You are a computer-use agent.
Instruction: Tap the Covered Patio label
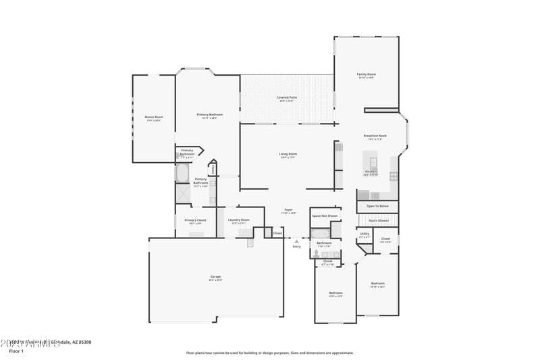(286, 98)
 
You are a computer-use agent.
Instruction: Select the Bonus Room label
(153, 118)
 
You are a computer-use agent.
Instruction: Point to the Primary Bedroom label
(209, 115)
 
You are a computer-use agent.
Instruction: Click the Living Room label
(288, 154)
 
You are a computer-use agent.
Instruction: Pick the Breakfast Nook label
(375, 136)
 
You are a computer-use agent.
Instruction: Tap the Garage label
(215, 277)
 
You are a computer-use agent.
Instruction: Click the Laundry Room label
(238, 220)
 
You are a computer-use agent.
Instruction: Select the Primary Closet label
(195, 220)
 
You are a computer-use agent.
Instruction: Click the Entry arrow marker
(296, 240)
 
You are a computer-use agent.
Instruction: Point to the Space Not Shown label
(324, 216)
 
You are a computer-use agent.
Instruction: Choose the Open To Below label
(377, 206)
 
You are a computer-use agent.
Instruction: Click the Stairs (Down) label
(378, 220)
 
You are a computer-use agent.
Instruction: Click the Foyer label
(288, 210)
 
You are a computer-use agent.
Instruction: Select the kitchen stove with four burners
(394, 177)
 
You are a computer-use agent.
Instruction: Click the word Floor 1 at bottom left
(16, 351)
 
